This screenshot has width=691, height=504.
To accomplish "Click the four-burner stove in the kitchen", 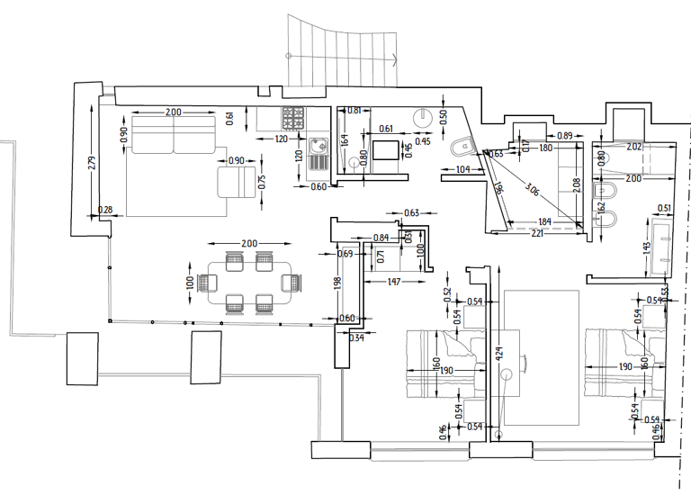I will point(294,119).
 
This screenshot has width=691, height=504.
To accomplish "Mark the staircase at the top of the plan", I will point(342,49).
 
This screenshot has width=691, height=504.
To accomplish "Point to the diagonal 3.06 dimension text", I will point(532,190).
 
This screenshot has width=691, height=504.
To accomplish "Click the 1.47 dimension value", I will point(394,282).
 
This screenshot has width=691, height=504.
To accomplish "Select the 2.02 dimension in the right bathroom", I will point(633,147).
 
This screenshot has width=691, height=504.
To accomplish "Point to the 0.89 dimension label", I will point(565,135).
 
